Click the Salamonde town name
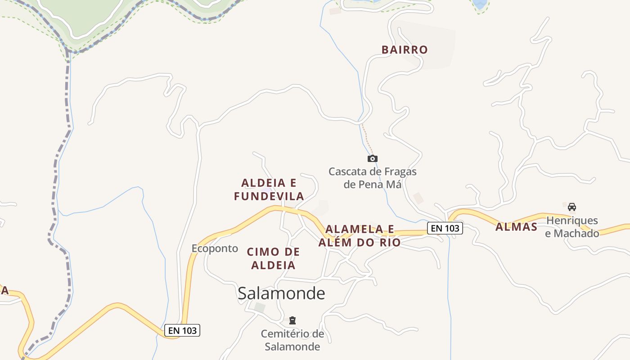(281, 293)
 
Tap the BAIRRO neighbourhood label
(405, 49)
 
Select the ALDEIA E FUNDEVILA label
(269, 189)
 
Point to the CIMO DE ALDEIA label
(273, 258)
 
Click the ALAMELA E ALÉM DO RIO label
(360, 236)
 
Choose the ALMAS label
(516, 227)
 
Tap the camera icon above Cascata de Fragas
(372, 158)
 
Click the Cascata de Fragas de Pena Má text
(372, 178)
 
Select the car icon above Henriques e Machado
(572, 207)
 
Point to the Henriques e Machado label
(572, 227)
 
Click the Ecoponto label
(215, 248)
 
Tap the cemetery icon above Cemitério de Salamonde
(292, 320)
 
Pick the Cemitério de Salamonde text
(292, 340)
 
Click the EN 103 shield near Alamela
(445, 228)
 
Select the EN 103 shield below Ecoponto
(182, 330)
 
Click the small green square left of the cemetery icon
(260, 308)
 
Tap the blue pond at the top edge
(480, 4)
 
